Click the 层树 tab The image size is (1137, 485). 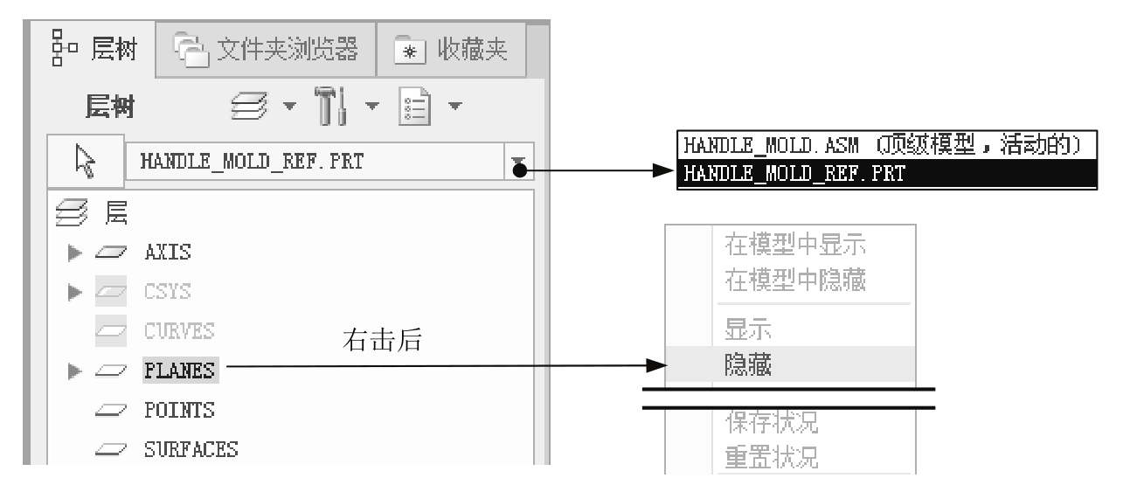[94, 49]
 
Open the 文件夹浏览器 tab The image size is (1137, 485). [266, 49]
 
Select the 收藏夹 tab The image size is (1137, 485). [451, 49]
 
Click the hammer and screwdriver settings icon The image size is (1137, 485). [331, 106]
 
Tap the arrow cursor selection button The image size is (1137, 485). [86, 162]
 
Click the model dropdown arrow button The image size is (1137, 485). [518, 162]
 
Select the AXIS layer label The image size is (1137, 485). [168, 253]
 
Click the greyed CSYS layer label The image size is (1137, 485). [168, 292]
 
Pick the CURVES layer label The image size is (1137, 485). [179, 331]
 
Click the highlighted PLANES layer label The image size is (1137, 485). [180, 371]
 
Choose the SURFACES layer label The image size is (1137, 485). [191, 450]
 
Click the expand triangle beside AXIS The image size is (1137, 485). [74, 253]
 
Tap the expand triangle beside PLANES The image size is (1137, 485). [74, 371]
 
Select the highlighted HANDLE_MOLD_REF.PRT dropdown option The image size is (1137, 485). [887, 174]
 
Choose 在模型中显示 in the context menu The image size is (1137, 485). [795, 245]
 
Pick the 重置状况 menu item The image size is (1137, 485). [772, 457]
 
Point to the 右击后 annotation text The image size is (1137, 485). [382, 340]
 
